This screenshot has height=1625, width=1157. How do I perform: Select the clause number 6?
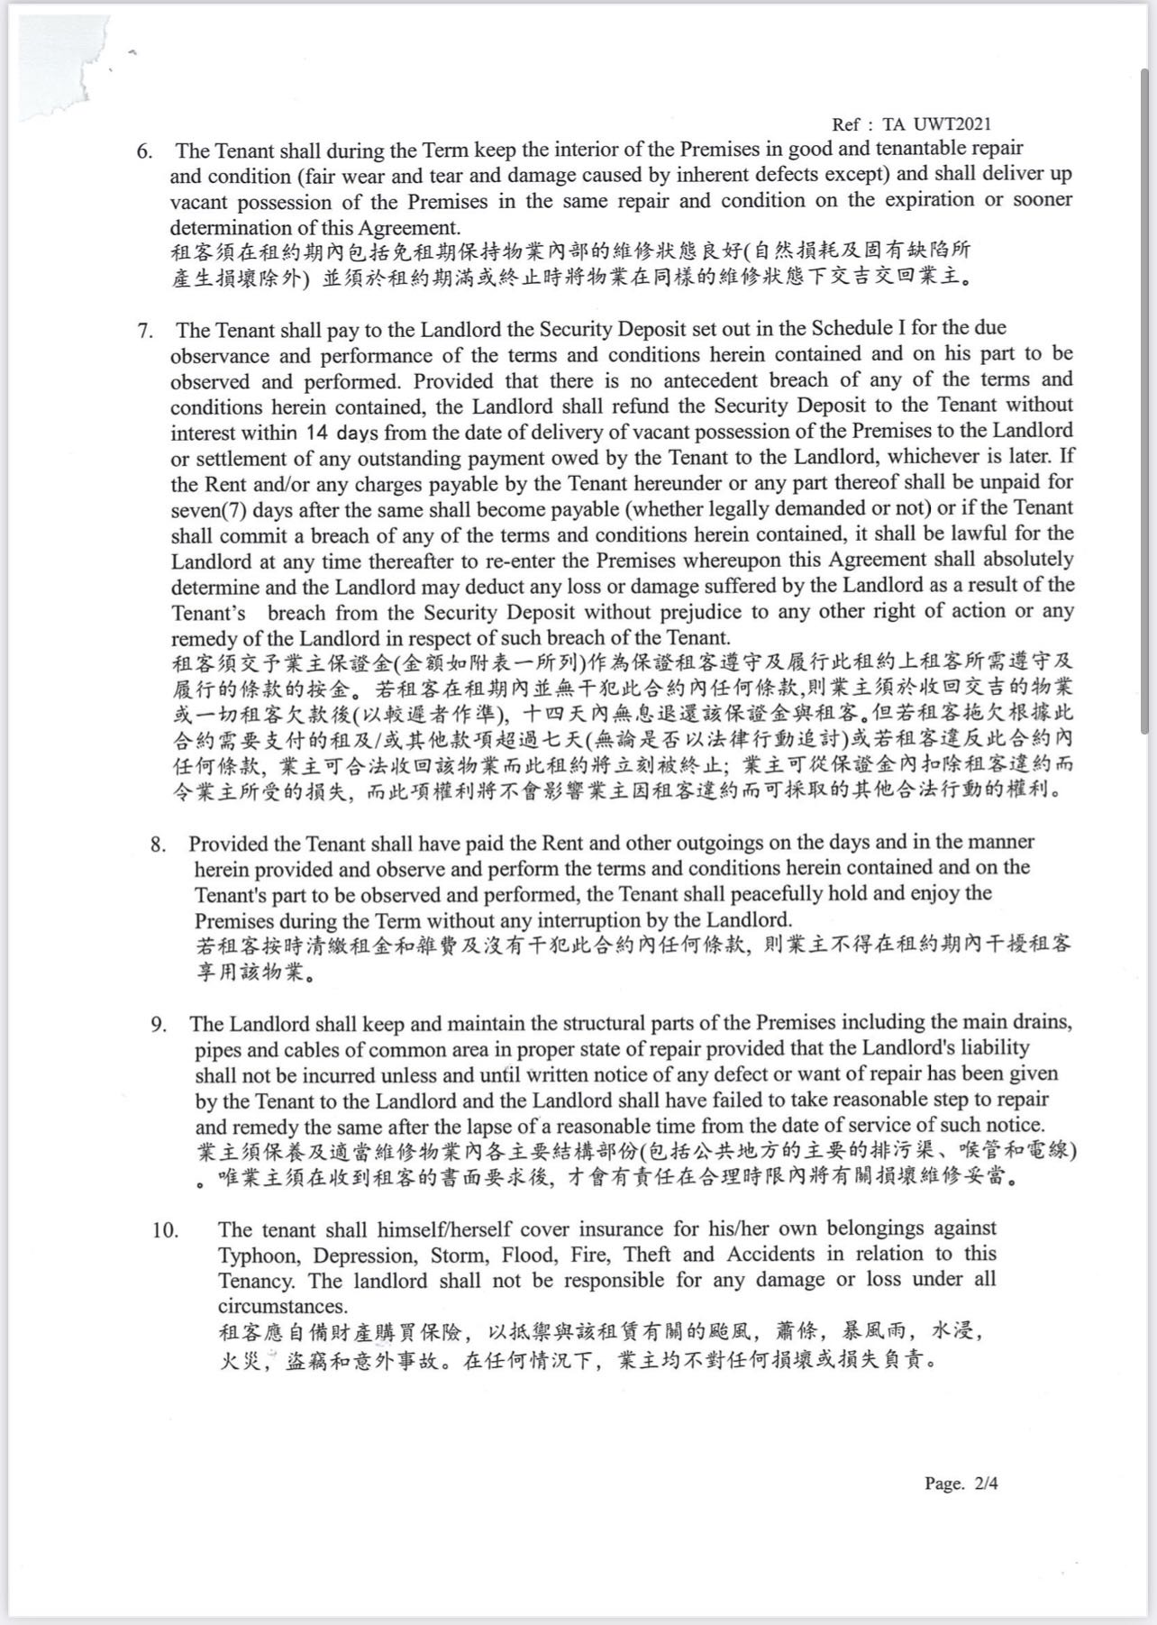(x=144, y=151)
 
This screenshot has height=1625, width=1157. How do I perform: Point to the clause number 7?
(x=144, y=330)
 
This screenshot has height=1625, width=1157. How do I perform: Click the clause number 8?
(x=159, y=844)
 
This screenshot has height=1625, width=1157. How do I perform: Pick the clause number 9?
(x=159, y=1025)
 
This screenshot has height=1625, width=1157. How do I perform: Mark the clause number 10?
(x=165, y=1229)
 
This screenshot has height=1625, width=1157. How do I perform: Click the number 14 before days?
(x=319, y=432)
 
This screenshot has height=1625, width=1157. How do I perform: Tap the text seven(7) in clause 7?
(x=208, y=509)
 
